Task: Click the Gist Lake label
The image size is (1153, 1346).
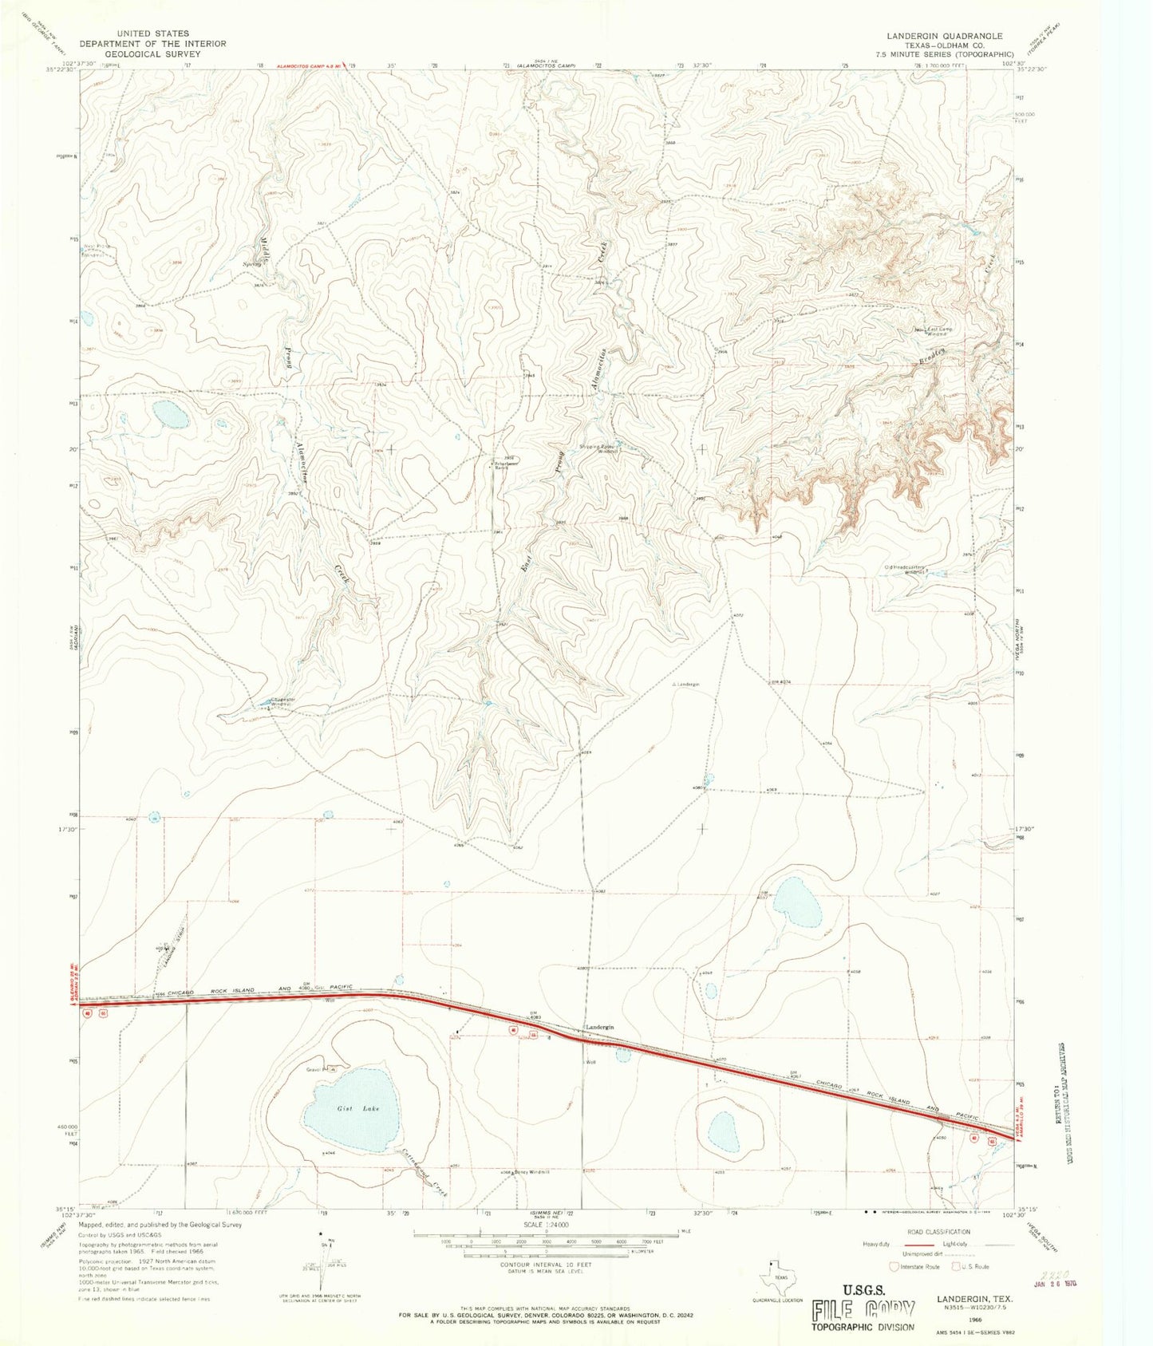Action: click(x=357, y=1108)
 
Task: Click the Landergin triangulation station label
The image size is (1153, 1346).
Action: click(x=685, y=685)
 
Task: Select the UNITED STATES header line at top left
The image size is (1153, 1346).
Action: click(x=152, y=34)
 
